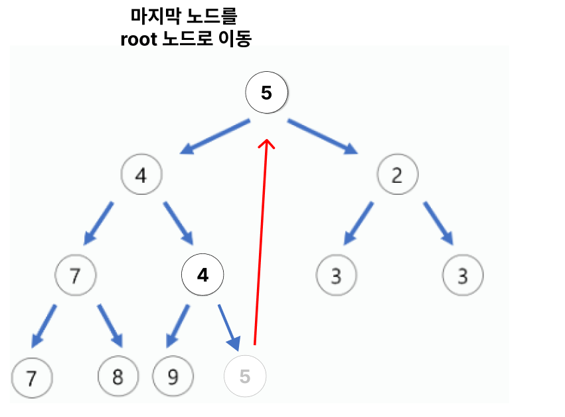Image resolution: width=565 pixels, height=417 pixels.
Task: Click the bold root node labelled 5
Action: coord(266,93)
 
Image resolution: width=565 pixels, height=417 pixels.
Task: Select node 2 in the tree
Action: coord(397,176)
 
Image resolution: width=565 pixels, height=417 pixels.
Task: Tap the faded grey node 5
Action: coord(245,376)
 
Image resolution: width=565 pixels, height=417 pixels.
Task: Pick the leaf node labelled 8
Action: coord(118,377)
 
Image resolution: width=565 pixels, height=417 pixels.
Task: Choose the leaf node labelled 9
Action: coord(173,377)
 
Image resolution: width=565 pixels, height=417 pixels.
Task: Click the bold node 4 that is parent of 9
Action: coord(203,274)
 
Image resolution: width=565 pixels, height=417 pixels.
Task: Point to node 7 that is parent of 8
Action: coord(75,274)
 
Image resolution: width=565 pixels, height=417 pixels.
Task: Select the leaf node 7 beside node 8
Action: coord(31,377)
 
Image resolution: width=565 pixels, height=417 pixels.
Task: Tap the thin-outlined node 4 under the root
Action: coord(141,176)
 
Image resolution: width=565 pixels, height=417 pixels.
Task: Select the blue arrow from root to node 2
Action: coord(323,137)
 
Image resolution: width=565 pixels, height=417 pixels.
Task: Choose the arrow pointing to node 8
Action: coord(110,325)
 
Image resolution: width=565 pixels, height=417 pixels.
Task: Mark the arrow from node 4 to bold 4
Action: coord(179,223)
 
